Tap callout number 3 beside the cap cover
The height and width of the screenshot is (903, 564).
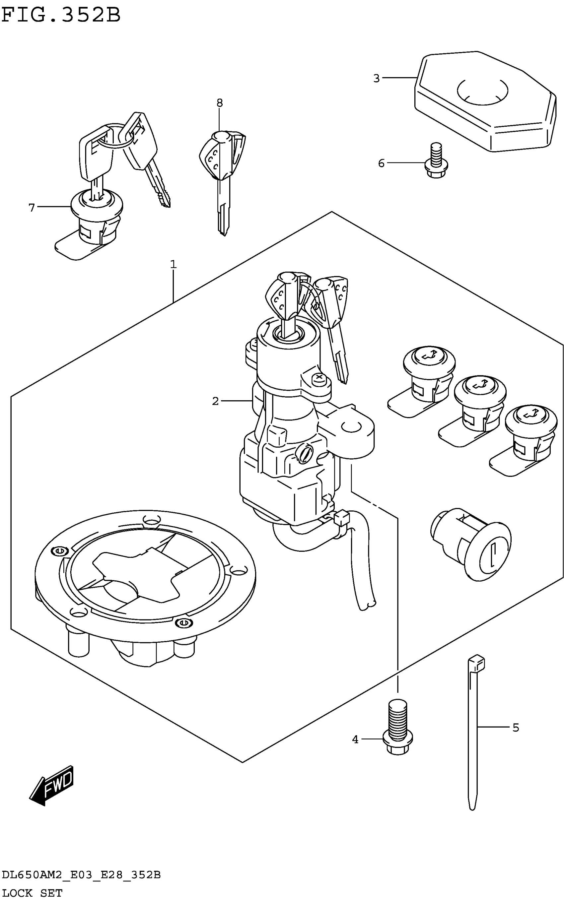(376, 79)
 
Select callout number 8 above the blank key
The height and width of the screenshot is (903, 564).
(219, 103)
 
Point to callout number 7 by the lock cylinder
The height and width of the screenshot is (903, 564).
(32, 207)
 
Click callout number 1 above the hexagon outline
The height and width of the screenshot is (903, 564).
(173, 265)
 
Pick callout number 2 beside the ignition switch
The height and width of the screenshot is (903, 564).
(215, 401)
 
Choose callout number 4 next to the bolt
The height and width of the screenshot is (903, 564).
(355, 739)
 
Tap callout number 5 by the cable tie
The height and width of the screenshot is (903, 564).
(516, 727)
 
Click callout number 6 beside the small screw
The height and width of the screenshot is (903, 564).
(381, 163)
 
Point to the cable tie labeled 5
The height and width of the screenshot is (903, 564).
(473, 731)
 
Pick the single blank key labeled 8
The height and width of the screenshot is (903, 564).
(223, 175)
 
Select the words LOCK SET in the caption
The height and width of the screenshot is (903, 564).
(32, 893)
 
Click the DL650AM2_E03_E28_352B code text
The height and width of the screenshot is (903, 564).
(81, 875)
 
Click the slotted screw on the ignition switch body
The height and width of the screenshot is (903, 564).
(304, 454)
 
